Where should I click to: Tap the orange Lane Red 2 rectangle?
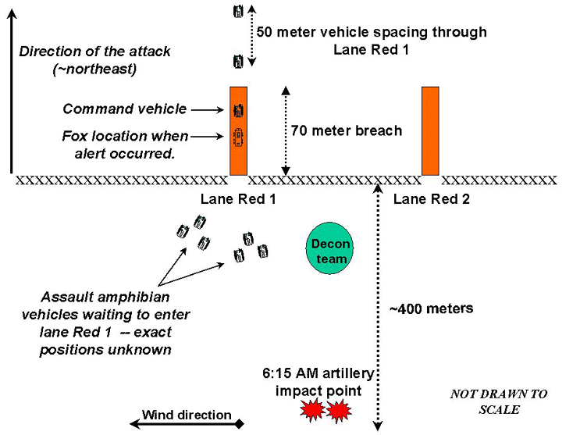[x=431, y=130]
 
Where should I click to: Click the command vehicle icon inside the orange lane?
[x=238, y=110]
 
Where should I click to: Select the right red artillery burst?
[x=340, y=410]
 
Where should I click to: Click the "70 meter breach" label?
[x=346, y=130]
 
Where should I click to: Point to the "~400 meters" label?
[x=431, y=308]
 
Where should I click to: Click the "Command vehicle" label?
[x=125, y=109]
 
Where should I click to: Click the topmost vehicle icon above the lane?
[x=238, y=11]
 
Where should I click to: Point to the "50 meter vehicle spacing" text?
[x=372, y=32]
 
